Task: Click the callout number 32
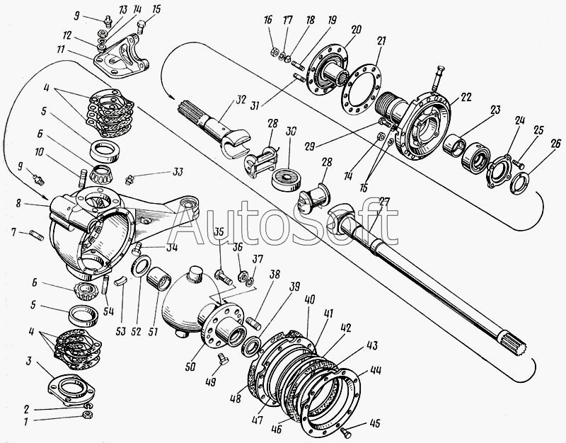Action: point(241,100)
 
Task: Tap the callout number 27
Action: point(383,203)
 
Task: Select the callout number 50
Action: point(190,366)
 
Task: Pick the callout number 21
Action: point(381,41)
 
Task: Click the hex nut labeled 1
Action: point(88,414)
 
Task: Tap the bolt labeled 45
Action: point(346,432)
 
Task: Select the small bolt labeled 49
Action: point(222,359)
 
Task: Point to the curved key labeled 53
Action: point(120,281)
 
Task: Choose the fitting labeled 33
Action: point(129,180)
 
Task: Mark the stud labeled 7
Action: point(37,236)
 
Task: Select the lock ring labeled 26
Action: point(519,183)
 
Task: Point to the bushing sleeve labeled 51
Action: point(159,278)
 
